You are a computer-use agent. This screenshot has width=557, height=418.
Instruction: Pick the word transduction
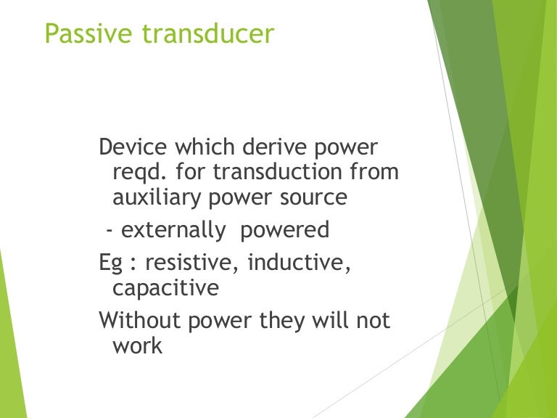point(273,173)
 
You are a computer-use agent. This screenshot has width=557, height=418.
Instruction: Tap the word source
point(313,198)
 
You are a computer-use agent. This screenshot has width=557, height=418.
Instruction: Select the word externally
point(174,231)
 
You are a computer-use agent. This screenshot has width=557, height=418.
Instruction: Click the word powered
point(285,231)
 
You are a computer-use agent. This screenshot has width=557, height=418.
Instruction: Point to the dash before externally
point(110,231)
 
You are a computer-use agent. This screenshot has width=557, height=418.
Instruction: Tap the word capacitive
point(165,288)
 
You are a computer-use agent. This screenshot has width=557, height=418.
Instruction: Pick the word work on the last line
point(137,345)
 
